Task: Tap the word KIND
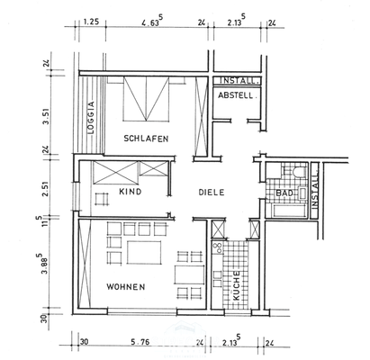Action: tap(131, 193)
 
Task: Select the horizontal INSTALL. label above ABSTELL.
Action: tap(239, 81)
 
